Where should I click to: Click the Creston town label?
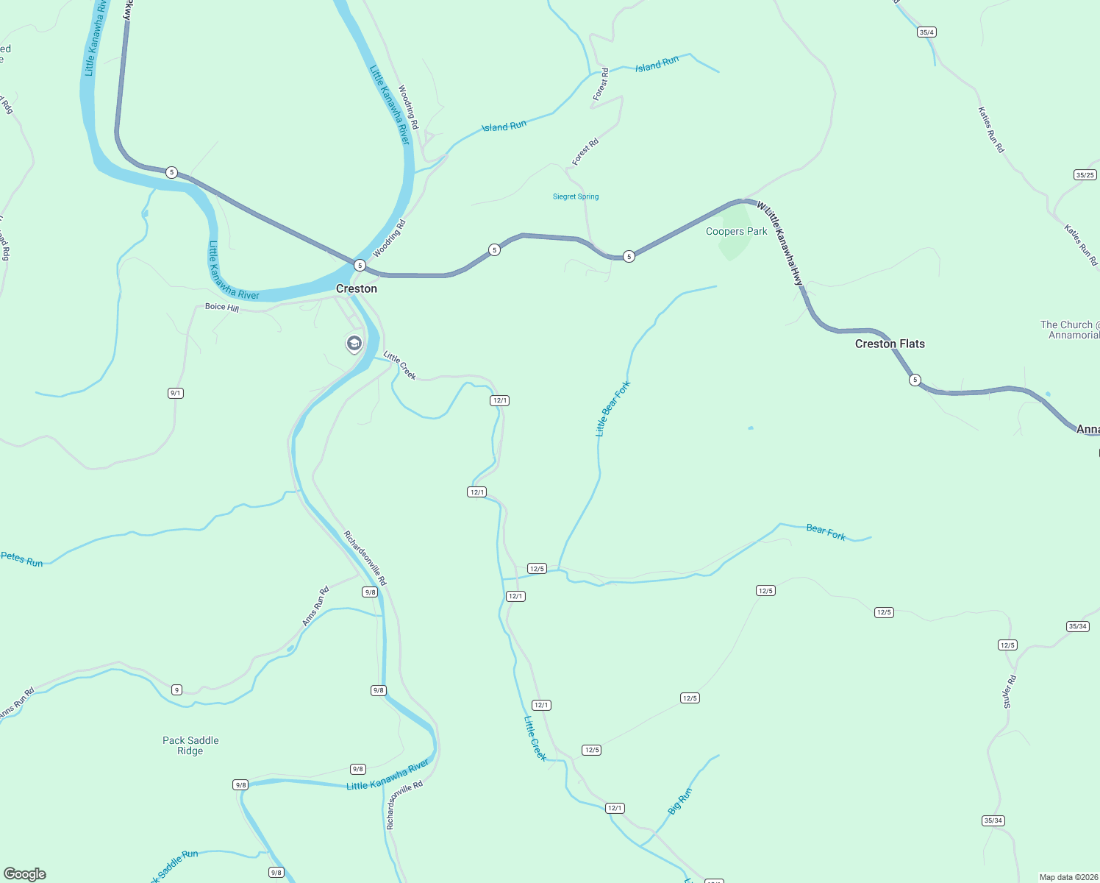[357, 288]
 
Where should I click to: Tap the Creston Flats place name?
[890, 344]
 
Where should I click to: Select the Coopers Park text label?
[736, 231]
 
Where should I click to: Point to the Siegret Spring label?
[576, 196]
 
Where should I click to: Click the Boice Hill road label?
[222, 307]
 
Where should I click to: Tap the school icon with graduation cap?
[354, 343]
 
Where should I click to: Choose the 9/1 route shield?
[175, 393]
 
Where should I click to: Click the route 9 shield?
[176, 689]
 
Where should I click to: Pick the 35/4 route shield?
[926, 32]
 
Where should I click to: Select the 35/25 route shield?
[1085, 175]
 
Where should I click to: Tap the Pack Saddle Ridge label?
[190, 745]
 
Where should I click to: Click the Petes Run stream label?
[22, 559]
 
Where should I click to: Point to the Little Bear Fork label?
[612, 409]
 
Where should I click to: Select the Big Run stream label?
[680, 801]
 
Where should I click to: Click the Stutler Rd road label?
[1010, 692]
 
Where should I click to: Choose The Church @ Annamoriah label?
[1070, 330]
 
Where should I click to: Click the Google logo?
[25, 873]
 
